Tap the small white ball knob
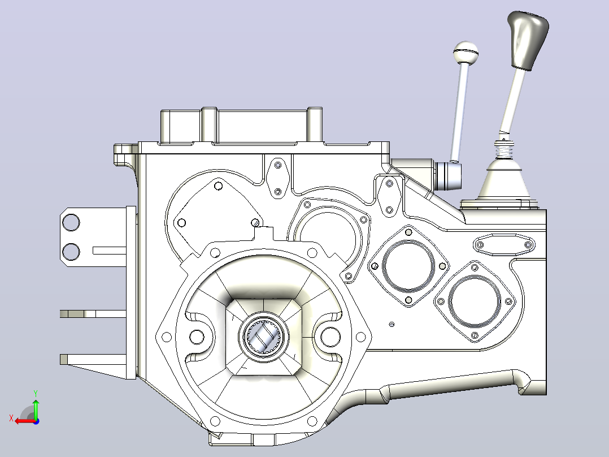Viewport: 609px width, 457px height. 466,52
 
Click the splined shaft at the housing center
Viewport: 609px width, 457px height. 264,337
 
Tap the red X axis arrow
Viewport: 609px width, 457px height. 24,421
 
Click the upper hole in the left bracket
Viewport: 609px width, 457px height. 71,223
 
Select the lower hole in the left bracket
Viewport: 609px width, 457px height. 71,251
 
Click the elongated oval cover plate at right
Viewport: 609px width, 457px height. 504,245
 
